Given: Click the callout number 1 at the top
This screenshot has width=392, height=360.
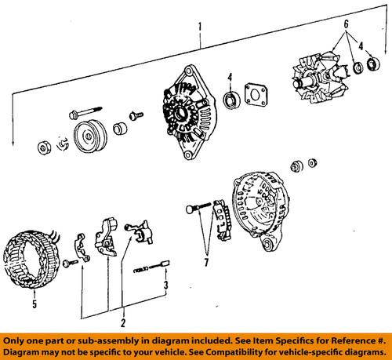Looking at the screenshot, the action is [200, 27].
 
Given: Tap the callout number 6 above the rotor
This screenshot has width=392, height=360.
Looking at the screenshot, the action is [346, 24].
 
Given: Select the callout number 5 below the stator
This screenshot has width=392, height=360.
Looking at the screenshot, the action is [34, 304].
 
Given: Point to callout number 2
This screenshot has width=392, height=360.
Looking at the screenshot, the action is [123, 323].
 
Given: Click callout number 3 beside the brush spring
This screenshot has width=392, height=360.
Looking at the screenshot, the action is [166, 285].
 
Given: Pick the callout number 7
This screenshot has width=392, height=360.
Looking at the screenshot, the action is [206, 262].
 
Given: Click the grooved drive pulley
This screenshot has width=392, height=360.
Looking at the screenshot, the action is [90, 137].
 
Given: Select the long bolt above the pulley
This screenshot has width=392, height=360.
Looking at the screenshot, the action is [85, 112].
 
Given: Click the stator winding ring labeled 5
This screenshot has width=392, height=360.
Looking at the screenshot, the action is [31, 257].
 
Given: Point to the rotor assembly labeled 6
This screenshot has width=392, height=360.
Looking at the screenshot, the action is [321, 78].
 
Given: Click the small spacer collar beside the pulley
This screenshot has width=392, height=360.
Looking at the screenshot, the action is [120, 129].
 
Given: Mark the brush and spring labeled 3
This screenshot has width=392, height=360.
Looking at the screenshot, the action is [151, 267].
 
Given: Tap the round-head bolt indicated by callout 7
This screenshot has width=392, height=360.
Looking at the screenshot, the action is [198, 207].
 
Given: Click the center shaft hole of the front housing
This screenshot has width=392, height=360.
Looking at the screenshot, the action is [180, 113].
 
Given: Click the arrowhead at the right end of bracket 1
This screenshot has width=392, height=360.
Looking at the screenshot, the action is [386, 52].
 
